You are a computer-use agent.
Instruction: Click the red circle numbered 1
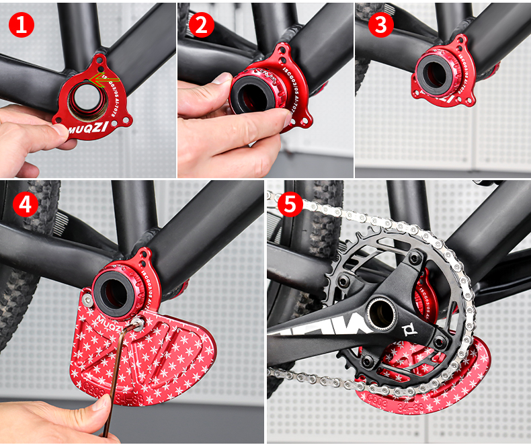(x=22, y=25)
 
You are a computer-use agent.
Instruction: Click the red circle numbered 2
(x=202, y=25)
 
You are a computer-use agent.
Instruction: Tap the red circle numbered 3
(x=381, y=25)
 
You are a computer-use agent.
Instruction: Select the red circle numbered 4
(x=25, y=204)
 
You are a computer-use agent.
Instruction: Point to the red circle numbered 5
(x=290, y=204)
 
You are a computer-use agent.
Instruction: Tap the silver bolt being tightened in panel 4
(x=138, y=325)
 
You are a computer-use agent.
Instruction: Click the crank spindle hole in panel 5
(x=380, y=312)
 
